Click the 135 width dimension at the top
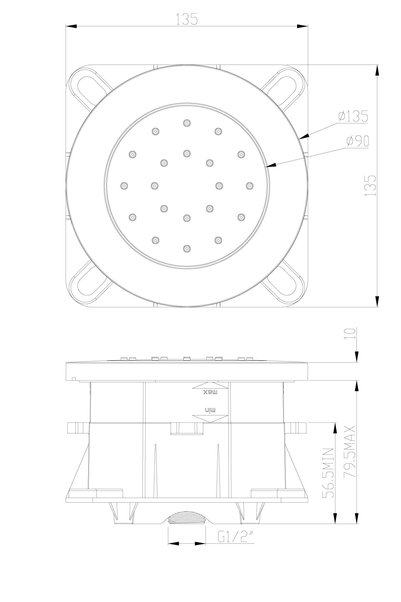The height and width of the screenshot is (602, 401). point(187,19)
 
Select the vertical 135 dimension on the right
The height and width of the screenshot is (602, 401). point(370,186)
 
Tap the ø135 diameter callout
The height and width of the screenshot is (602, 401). point(353,116)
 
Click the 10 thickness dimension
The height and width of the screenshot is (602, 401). point(350,334)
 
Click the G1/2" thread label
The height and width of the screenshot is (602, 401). point(235,536)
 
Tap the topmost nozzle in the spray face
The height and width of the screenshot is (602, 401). point(187,123)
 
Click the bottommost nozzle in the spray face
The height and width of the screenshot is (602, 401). point(187,249)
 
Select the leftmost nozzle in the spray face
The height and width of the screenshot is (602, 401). point(124,186)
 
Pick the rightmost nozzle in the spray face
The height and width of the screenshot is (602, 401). point(249,186)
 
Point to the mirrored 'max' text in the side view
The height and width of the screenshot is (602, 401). point(210,392)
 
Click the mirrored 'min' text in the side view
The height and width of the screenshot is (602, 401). point(210,410)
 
